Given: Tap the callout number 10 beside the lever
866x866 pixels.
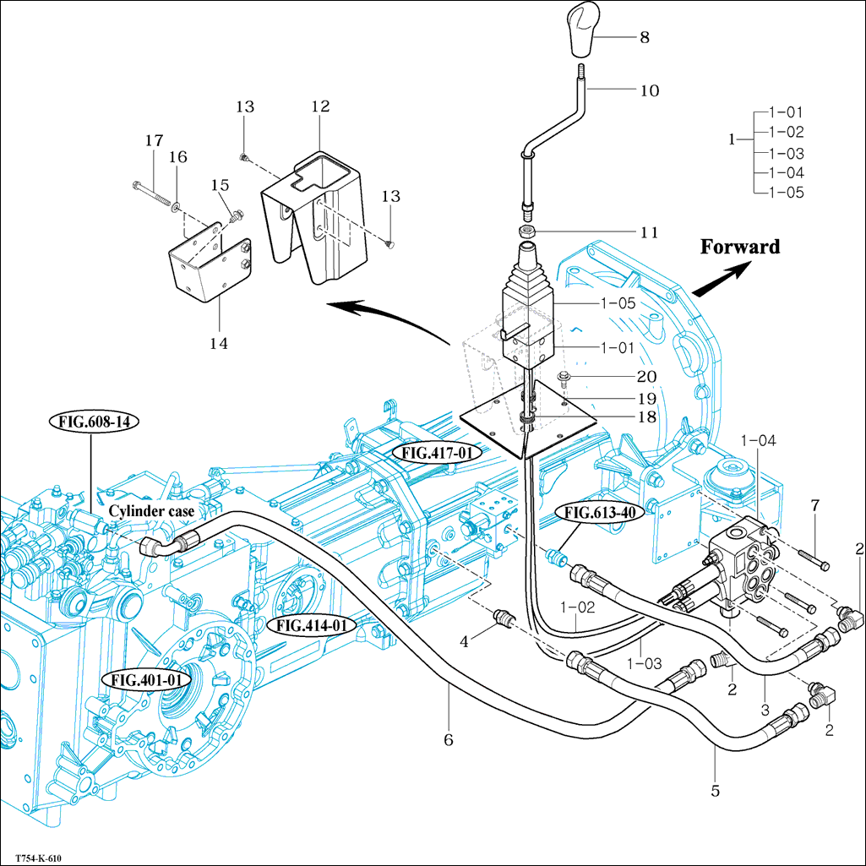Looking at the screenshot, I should pos(649,90).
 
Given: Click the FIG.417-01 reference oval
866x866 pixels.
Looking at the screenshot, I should pos(436,453).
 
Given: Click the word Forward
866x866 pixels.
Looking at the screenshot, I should pos(739,247).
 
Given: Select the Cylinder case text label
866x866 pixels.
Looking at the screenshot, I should pos(151,511).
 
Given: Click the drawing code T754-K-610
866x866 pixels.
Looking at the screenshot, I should pos(39,855).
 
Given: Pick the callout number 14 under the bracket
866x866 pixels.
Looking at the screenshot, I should pos(219,344).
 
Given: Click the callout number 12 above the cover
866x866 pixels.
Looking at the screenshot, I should pos(320,106).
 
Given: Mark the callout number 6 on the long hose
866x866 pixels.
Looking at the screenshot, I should pos(449,740).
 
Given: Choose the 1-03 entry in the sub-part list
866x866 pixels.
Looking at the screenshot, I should pos(787,153).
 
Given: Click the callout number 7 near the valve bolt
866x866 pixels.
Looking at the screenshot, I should pos(815,505).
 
